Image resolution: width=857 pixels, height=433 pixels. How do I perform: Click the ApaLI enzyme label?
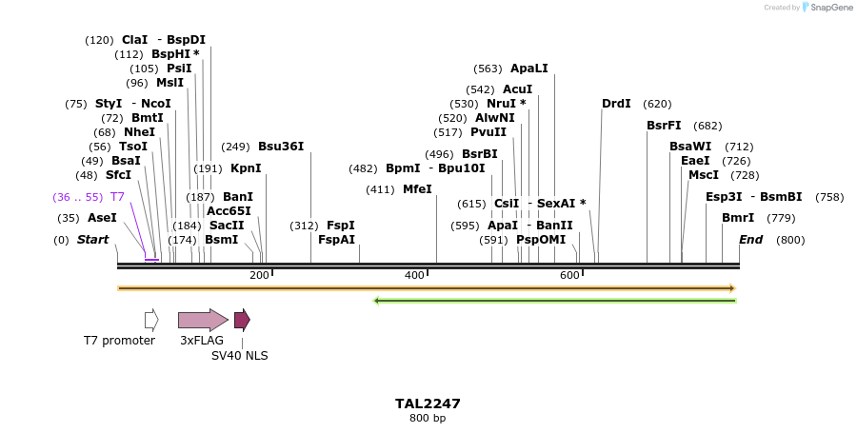tap(528, 69)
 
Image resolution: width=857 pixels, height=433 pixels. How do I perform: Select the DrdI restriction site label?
tap(616, 104)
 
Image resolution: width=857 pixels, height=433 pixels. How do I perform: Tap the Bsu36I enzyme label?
tap(281, 147)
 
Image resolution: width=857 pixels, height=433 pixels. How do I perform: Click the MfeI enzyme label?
tap(417, 189)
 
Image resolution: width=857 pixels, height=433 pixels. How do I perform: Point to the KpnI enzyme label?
tap(246, 168)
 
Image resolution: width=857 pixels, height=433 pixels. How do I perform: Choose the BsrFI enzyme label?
tap(664, 126)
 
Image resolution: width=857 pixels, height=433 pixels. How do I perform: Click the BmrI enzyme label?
tap(738, 218)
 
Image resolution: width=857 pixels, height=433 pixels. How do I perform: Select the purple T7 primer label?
tap(117, 197)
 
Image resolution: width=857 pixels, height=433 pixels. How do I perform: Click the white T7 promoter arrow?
tap(151, 320)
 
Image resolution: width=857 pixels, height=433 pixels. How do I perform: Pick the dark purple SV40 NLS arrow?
tap(242, 320)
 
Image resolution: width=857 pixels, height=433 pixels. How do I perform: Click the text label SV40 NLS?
tap(239, 356)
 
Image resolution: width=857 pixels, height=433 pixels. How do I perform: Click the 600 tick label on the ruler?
tap(569, 275)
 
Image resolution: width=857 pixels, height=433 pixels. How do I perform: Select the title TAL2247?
tap(428, 403)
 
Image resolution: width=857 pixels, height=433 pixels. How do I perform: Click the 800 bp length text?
tap(428, 419)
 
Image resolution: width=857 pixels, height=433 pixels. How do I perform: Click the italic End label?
tap(750, 240)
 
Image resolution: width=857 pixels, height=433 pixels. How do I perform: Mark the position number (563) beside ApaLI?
tap(488, 69)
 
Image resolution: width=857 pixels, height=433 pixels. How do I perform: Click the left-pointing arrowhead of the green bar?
tap(377, 301)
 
